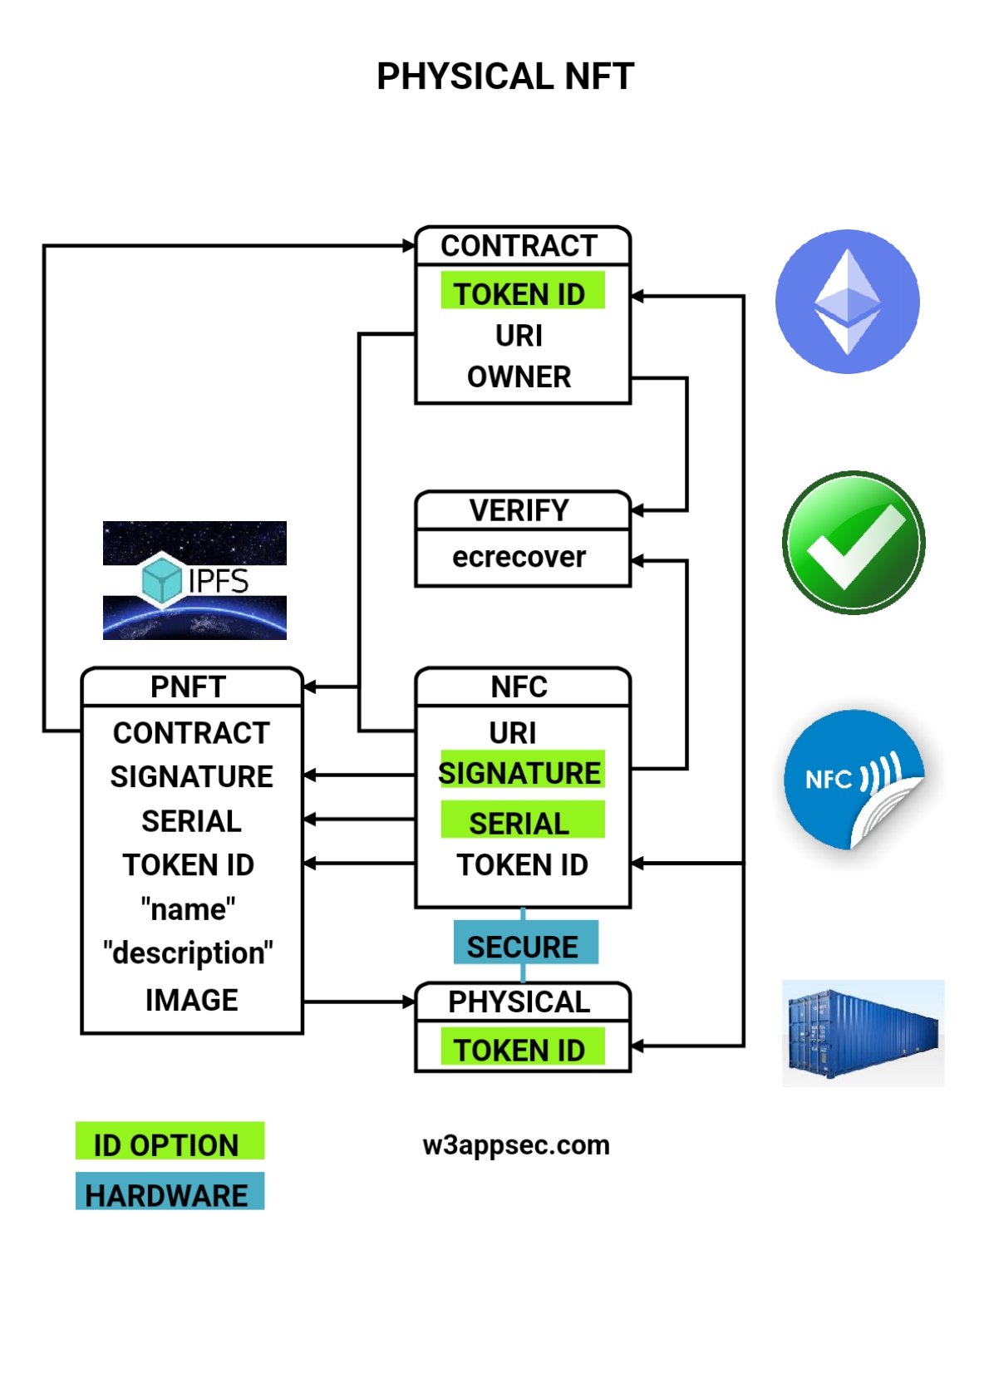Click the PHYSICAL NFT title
coord(505,76)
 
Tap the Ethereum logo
coord(847,302)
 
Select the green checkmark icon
coord(854,543)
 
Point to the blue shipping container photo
coord(863,1033)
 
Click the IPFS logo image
coord(194,580)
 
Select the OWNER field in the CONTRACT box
coord(519,377)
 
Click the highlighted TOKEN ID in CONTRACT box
coord(521,293)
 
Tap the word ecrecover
coord(519,557)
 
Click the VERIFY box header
coord(519,510)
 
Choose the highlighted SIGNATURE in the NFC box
coord(520,773)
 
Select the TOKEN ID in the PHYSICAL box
coord(521,1050)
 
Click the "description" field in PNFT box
coord(189,953)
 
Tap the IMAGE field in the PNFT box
coord(192,1000)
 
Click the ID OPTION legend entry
coord(168,1144)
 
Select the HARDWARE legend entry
coord(168,1194)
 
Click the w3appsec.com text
coord(516,1145)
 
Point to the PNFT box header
coord(189,687)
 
